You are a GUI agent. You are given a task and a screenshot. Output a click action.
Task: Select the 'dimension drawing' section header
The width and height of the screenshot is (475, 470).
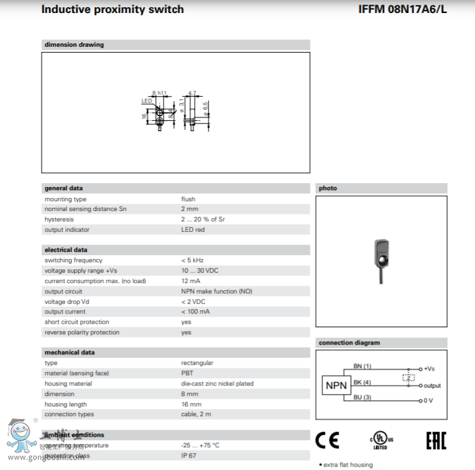73,45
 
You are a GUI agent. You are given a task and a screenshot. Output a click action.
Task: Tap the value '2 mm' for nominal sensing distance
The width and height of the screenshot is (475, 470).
190,209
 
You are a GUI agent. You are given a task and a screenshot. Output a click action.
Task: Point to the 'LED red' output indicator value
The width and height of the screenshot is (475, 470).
193,230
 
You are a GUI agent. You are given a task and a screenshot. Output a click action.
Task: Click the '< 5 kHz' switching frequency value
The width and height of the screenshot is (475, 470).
193,260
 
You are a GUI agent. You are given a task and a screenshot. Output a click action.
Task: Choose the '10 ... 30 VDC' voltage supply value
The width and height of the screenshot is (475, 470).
199,271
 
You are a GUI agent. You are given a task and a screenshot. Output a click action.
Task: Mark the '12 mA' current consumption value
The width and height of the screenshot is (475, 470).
190,281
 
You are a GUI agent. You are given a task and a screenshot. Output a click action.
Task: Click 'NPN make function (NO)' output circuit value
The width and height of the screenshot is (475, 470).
216,291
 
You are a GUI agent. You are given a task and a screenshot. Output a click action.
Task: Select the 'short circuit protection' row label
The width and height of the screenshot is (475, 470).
77,322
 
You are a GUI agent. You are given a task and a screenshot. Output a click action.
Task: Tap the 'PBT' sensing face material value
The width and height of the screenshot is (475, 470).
187,373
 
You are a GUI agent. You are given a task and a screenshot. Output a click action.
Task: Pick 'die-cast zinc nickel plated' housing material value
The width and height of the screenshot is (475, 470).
217,384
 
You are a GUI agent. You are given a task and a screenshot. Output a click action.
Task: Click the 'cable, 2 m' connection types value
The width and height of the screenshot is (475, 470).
196,414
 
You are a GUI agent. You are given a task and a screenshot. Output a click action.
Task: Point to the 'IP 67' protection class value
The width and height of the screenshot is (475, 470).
190,456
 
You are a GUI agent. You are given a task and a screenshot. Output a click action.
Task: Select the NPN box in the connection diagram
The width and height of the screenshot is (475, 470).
336,386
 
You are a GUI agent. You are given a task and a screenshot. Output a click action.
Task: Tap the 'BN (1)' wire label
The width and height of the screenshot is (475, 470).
362,367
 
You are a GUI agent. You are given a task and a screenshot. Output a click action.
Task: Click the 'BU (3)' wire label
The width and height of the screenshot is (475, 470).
362,397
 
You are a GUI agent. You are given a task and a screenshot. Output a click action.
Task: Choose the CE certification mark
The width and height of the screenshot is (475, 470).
327,440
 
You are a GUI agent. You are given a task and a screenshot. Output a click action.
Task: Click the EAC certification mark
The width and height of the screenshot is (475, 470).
436,440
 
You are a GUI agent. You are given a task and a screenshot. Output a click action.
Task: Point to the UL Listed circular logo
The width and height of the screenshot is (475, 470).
381,439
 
